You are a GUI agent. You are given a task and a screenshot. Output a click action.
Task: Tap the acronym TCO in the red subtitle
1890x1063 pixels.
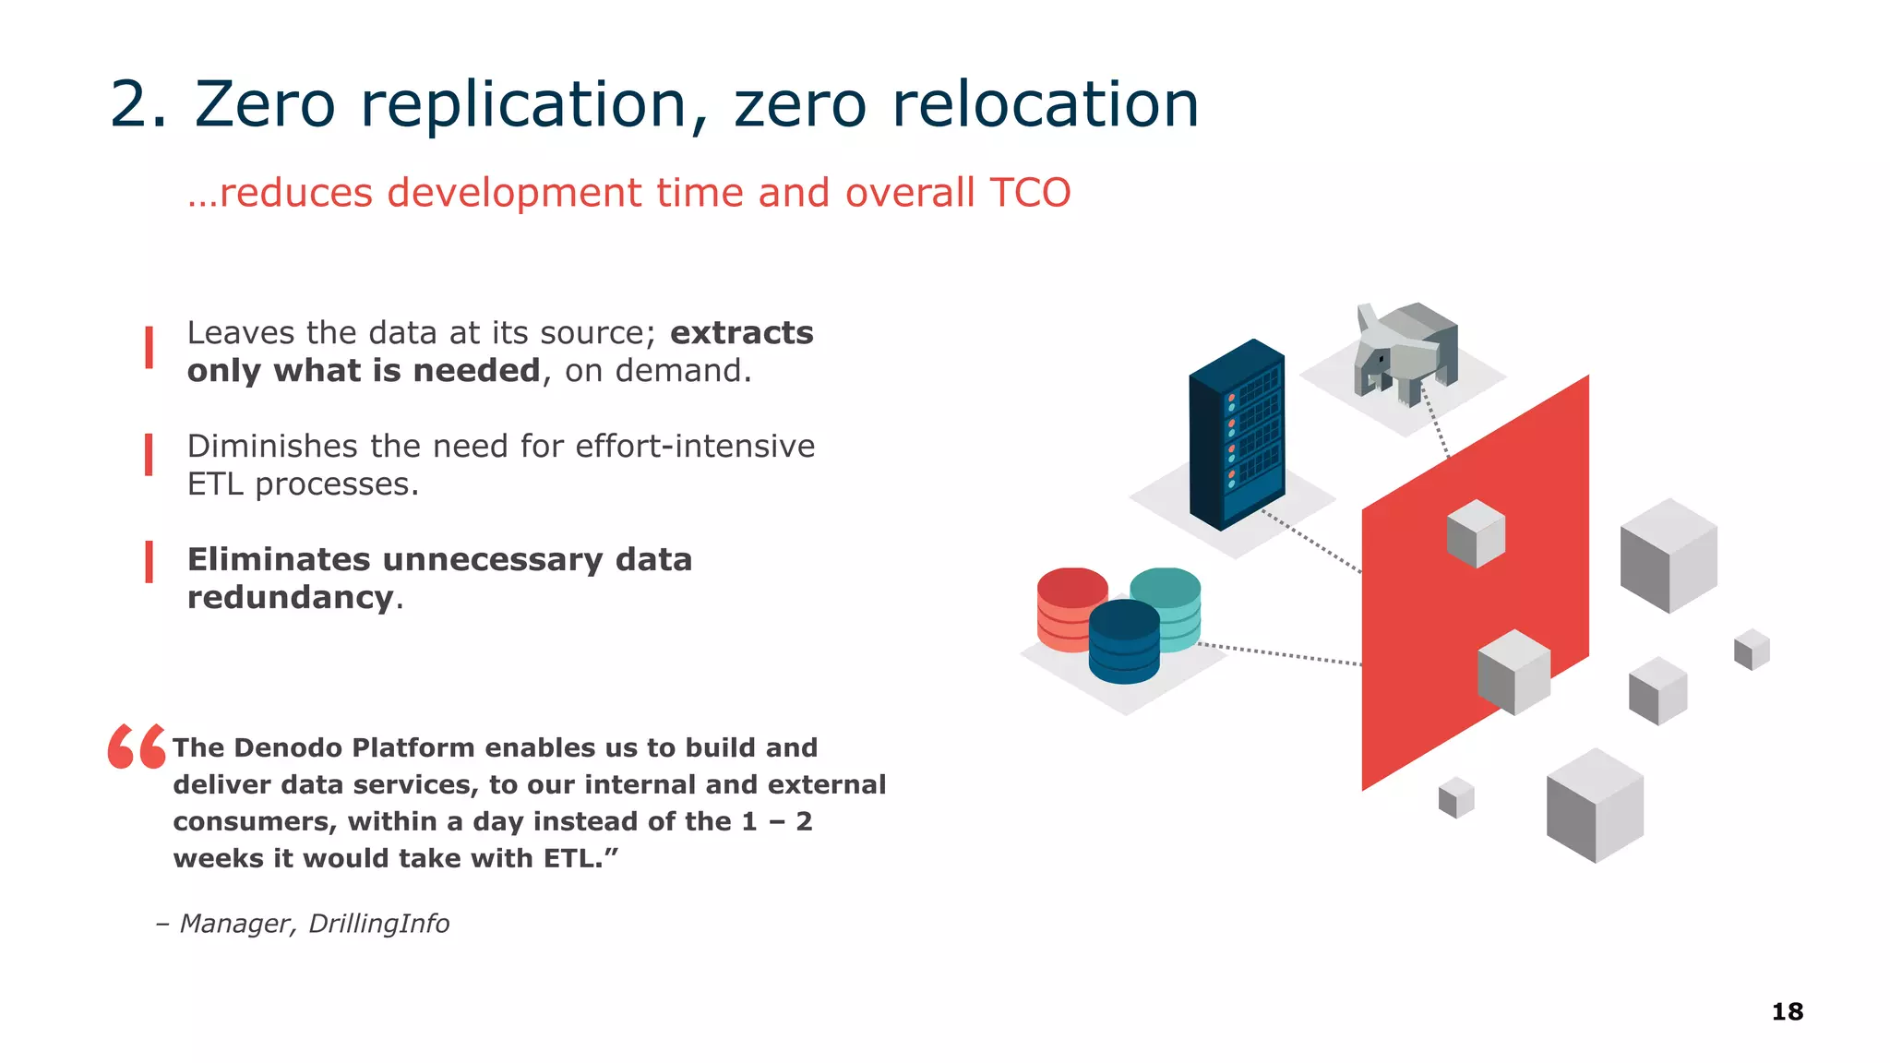(1029, 193)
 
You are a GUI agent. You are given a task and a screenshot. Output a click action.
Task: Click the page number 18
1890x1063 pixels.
(1787, 1011)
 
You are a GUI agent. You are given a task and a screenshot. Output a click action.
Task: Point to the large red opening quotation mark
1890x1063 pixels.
(137, 746)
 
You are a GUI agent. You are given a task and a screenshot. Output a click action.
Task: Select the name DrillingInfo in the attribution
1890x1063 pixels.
(378, 924)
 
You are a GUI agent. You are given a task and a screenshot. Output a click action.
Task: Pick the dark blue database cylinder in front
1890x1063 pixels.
(1124, 643)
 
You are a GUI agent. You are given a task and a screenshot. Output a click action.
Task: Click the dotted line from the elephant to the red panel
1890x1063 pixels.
(1435, 421)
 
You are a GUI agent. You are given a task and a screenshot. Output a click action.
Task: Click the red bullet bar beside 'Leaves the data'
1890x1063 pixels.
(149, 348)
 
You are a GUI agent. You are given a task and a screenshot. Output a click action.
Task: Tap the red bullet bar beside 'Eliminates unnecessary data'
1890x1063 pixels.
(149, 562)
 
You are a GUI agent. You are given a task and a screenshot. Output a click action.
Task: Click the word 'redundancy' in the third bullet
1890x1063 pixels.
(290, 598)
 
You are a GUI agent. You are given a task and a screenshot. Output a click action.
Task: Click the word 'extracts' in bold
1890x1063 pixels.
(741, 333)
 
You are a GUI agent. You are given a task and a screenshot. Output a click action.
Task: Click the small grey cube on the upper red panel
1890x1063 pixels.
(1475, 533)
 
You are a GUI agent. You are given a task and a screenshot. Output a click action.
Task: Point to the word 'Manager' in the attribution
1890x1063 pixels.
(237, 924)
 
